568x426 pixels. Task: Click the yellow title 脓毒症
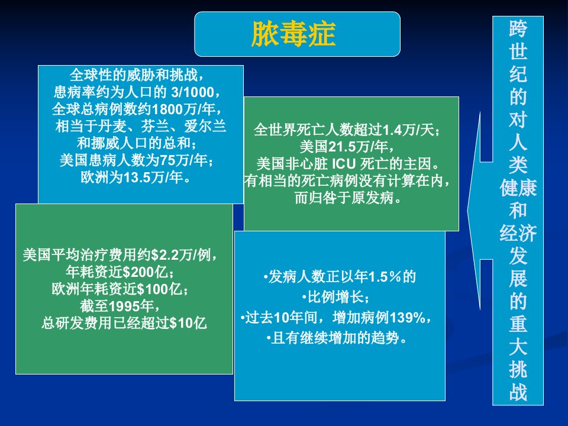[293, 34]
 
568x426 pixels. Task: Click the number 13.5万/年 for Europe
[153, 177]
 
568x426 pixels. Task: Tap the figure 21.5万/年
[359, 147]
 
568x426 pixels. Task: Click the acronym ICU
[344, 164]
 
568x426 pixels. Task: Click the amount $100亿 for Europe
[159, 289]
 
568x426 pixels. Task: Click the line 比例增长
[335, 298]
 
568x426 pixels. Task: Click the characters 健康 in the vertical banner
[518, 188]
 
